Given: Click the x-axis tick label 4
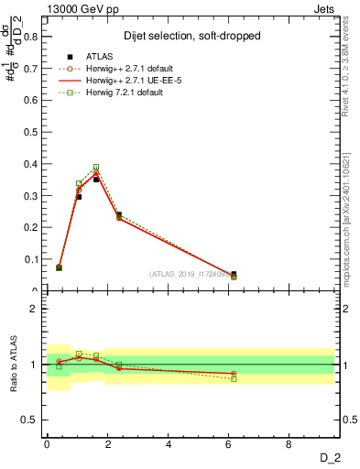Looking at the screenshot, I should [x=169, y=445].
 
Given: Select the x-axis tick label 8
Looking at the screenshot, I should [x=289, y=445].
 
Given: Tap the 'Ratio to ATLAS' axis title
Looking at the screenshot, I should [x=14, y=365].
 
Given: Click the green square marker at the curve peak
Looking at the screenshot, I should [x=96, y=167].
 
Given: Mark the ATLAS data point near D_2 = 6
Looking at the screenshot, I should [x=234, y=274].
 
